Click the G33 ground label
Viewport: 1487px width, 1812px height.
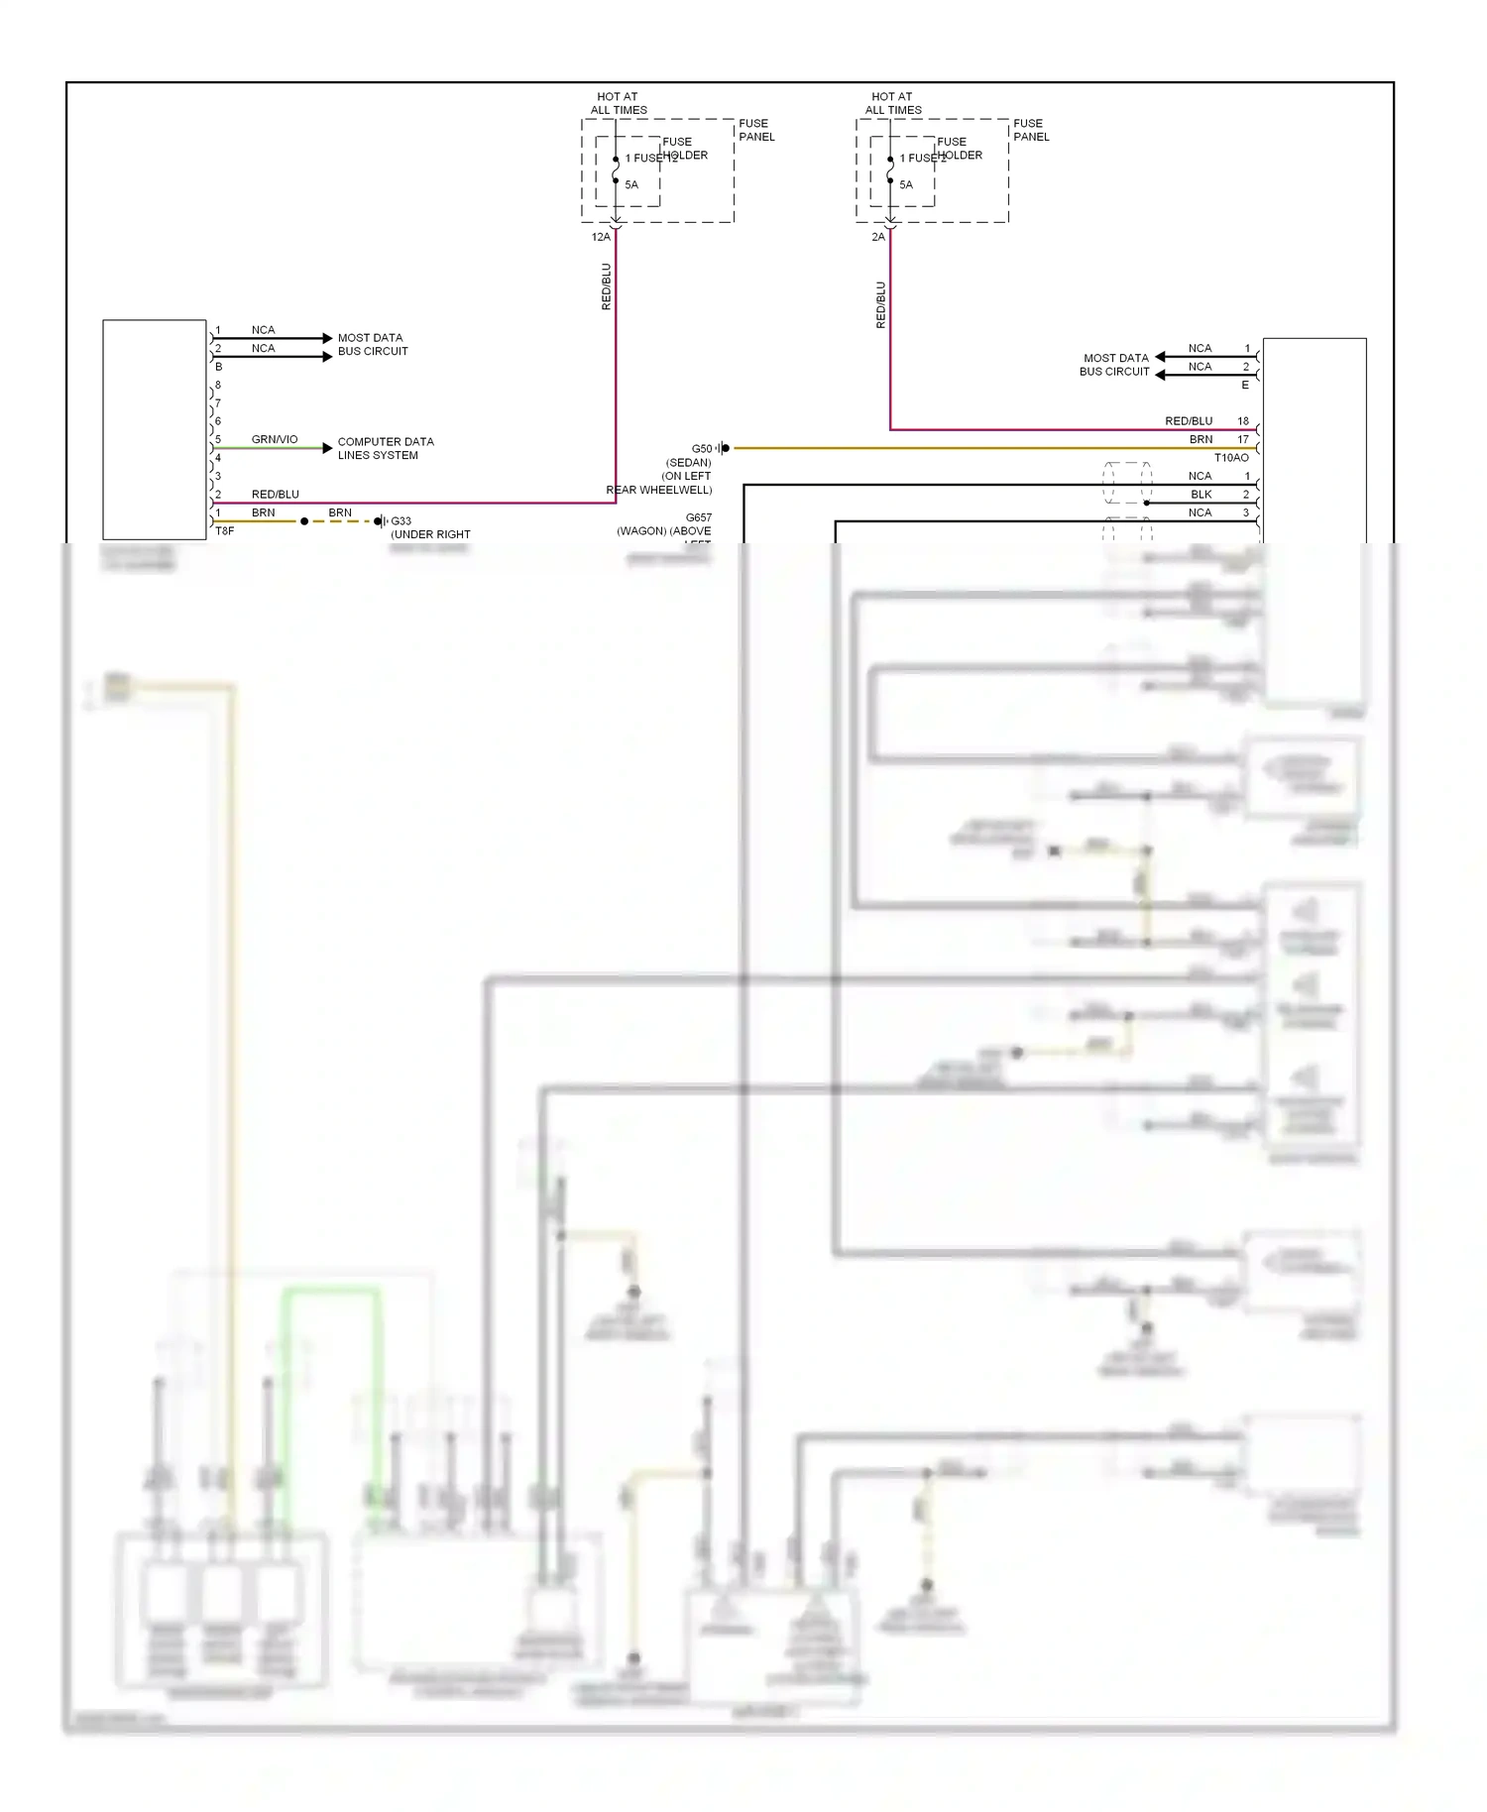coord(400,521)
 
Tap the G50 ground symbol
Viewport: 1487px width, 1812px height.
coord(724,448)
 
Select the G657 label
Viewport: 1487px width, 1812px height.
coord(698,517)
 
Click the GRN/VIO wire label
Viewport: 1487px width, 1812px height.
coord(275,439)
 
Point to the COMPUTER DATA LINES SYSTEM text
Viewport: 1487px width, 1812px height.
coord(385,448)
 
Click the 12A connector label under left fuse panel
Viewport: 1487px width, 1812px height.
coord(601,237)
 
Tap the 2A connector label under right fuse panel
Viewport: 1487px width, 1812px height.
coord(878,237)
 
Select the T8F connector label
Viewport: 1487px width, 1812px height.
coord(225,531)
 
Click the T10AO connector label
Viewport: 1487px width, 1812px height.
coord(1231,458)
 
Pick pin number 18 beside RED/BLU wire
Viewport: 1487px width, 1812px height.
coord(1242,421)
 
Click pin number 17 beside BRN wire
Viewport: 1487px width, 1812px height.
coord(1242,439)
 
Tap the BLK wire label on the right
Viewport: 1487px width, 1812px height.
coord(1201,495)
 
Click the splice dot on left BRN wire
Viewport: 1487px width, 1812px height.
coord(304,521)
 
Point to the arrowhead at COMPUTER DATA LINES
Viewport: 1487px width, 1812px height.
coord(327,448)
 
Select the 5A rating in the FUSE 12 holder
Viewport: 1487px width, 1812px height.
coord(631,185)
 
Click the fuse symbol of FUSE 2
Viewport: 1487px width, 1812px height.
coord(890,170)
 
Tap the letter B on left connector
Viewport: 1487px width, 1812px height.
coord(219,367)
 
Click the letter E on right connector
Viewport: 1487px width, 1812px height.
coord(1245,385)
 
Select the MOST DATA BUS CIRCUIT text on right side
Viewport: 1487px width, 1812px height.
coord(1115,365)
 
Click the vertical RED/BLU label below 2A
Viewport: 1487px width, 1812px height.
coord(880,304)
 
